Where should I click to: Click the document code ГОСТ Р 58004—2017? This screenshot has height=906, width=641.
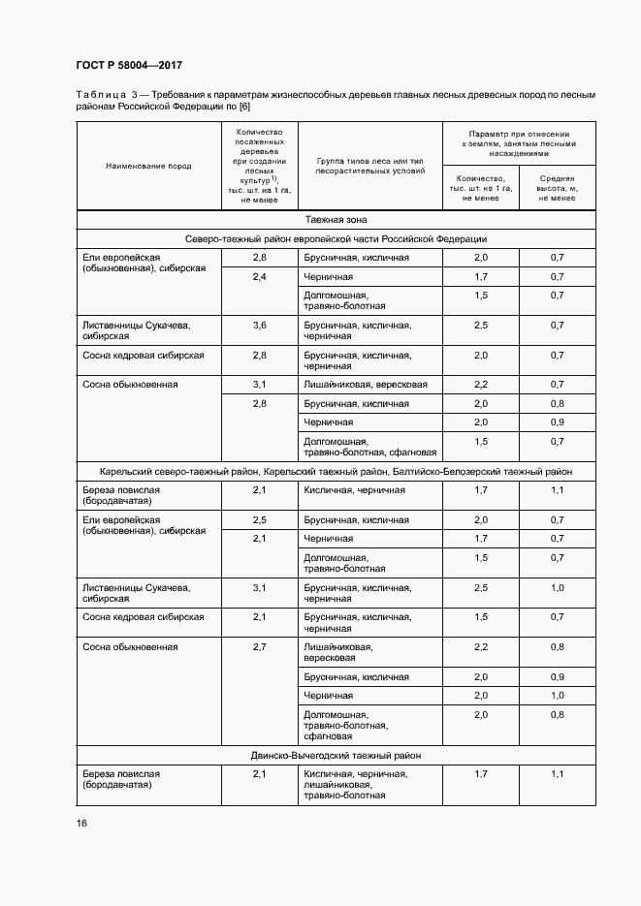(129, 66)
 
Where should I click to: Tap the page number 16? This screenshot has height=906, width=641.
(81, 823)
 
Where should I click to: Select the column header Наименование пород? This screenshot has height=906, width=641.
(148, 166)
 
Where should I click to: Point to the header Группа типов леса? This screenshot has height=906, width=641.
(370, 165)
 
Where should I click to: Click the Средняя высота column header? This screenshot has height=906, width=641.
(557, 188)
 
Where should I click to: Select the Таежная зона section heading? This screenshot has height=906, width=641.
(336, 220)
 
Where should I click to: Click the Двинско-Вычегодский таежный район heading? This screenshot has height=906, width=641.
(336, 755)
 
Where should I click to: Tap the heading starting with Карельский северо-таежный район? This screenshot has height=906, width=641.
(336, 472)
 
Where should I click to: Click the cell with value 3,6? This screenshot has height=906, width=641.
(259, 326)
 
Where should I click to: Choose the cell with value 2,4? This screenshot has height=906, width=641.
(259, 277)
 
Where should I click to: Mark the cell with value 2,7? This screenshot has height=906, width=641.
(259, 646)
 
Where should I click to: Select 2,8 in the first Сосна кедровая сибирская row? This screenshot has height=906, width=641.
(259, 356)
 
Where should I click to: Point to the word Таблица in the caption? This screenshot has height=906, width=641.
(101, 95)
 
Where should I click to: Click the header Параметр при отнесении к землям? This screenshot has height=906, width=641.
(519, 143)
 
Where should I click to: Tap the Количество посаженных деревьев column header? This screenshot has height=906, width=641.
(259, 165)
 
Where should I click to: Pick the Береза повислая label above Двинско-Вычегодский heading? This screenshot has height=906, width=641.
(121, 496)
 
